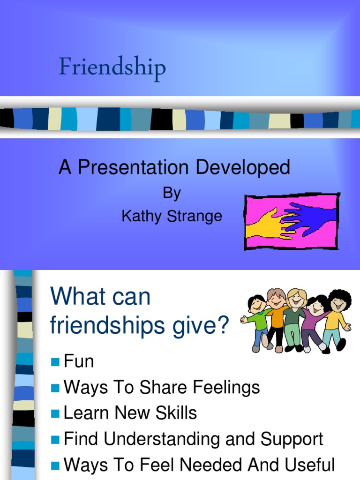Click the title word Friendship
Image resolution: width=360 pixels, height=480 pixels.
pos(112,68)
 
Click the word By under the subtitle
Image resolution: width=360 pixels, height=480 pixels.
pos(172,194)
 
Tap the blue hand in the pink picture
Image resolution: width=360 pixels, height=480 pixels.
pos(312,217)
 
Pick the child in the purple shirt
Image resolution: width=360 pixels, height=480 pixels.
pos(313,323)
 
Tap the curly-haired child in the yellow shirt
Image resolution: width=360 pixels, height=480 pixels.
pos(337,319)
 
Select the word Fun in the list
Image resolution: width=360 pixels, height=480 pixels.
pos(79,361)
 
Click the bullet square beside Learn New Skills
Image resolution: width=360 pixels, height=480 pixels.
pos(55,414)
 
